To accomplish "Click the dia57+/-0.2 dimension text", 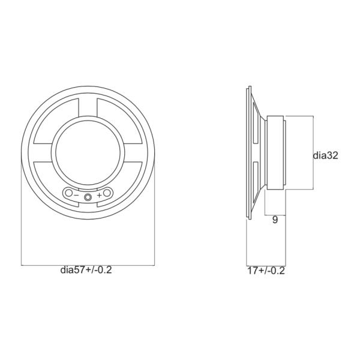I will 86,270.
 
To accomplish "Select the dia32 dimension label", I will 326,155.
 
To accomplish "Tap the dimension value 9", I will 275,220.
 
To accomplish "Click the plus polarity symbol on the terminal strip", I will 99,195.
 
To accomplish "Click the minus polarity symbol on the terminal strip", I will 77,194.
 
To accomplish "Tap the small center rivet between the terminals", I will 88,196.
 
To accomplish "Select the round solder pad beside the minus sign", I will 69,194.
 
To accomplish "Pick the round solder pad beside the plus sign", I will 107,194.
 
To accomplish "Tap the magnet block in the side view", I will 277,153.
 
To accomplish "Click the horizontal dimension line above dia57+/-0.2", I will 88,264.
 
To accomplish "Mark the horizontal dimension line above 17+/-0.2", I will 266,264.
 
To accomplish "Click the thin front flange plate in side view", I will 248,153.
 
